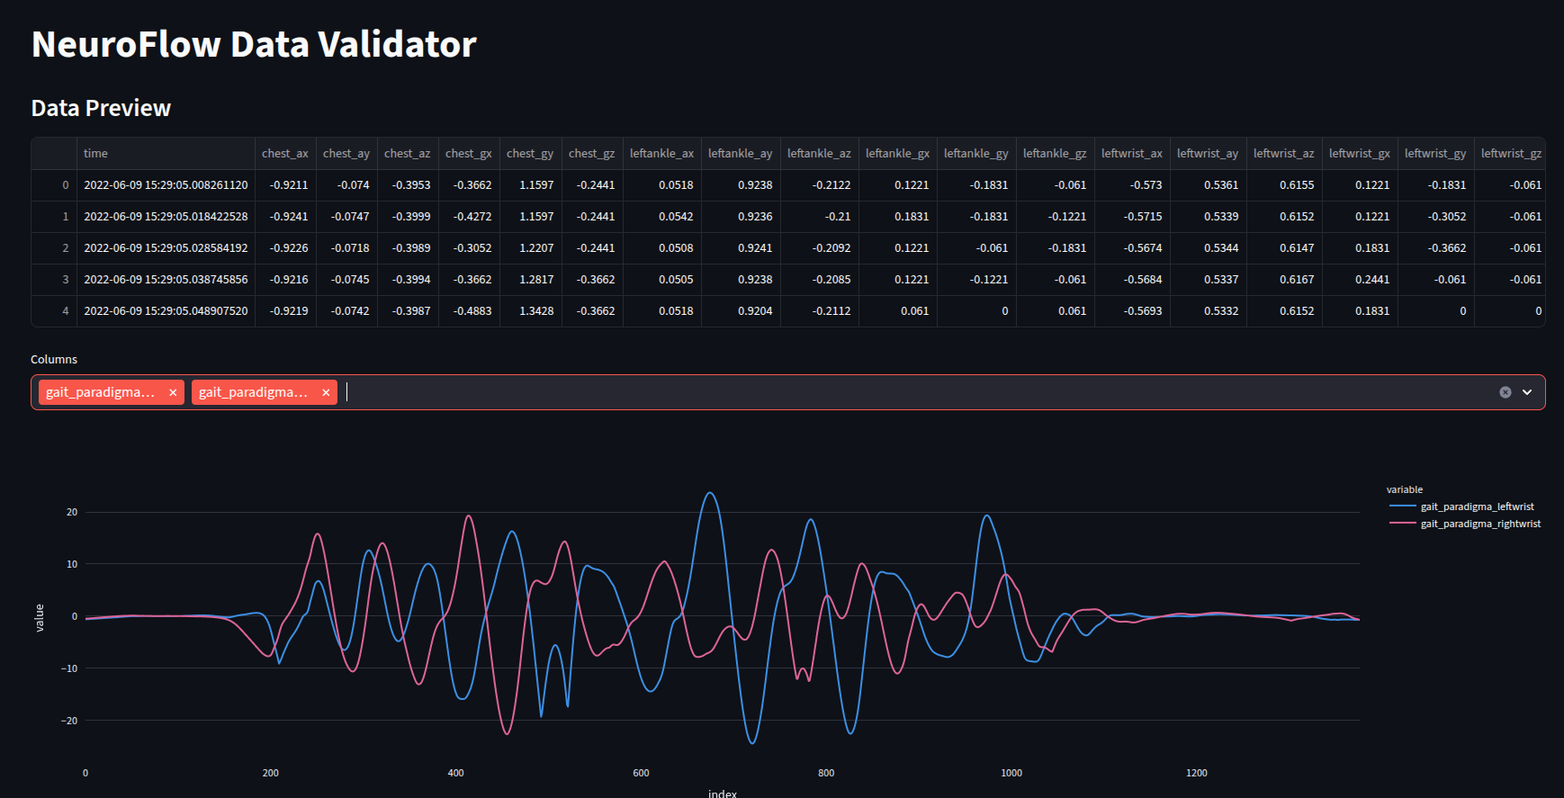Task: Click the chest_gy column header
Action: point(530,154)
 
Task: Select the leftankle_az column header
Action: point(819,154)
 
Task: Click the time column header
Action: point(95,154)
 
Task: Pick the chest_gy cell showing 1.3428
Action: point(536,311)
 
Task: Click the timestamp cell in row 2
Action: point(166,248)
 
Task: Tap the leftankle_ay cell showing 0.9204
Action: point(754,311)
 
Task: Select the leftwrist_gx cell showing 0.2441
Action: point(1371,280)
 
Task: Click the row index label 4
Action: point(65,311)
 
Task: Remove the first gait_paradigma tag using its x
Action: point(173,392)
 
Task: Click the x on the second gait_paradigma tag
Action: point(326,392)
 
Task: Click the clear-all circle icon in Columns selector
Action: point(1505,392)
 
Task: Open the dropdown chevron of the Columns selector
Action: point(1527,392)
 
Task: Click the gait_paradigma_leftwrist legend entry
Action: point(1477,507)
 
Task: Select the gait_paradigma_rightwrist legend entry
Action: point(1480,524)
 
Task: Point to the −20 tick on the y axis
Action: point(69,721)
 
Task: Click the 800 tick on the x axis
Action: point(826,773)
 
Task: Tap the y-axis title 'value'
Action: point(40,617)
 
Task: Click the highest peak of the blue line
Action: point(710,493)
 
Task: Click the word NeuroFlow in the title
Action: point(126,45)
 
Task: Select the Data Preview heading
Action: point(101,108)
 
